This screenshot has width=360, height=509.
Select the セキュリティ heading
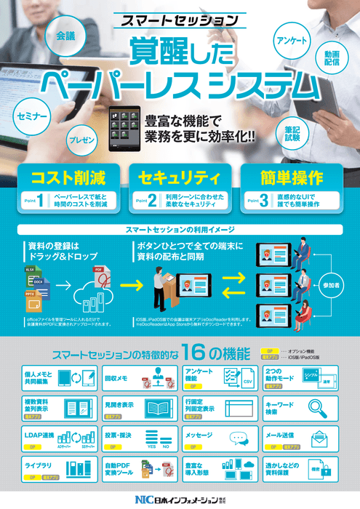[179, 177]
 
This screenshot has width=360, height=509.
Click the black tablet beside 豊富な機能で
[124, 129]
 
